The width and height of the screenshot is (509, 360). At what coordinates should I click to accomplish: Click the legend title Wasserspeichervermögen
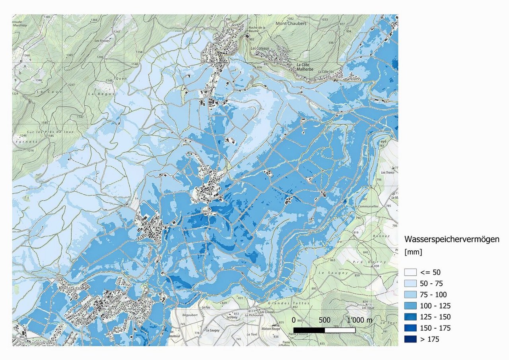451,239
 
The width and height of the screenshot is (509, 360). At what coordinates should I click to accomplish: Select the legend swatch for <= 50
410,273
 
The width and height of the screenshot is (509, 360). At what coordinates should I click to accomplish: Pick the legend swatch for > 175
410,339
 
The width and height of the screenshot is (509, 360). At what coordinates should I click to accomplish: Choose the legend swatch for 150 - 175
410,328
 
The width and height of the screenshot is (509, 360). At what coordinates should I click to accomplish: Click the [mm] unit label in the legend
413,252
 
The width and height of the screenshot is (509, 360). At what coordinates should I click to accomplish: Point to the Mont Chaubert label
291,23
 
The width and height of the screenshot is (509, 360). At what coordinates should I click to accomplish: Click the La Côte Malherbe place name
305,67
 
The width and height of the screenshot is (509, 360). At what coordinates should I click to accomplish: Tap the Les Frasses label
102,41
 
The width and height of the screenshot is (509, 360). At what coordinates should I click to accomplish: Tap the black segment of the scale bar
309,330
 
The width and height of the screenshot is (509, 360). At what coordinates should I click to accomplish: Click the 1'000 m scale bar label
359,320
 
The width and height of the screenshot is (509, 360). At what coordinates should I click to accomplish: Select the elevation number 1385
47,17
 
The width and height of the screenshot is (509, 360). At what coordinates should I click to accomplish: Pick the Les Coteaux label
260,48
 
